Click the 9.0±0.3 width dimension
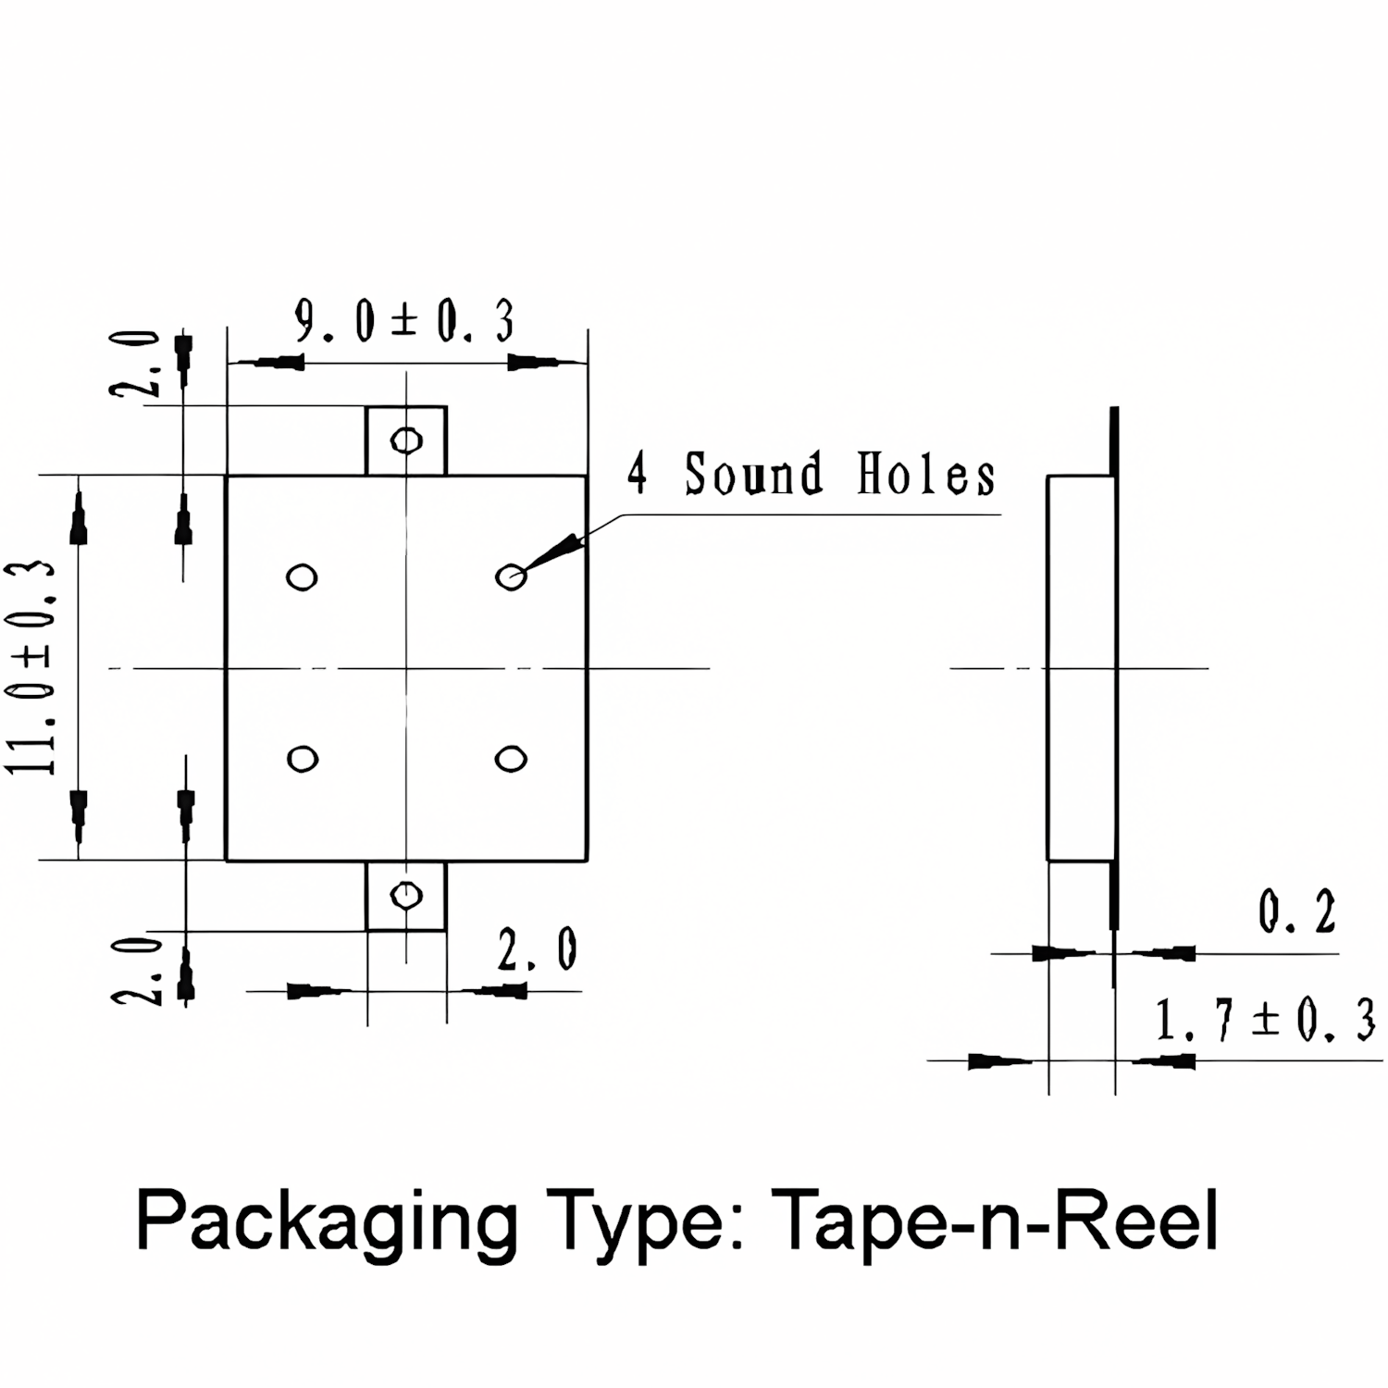click(x=404, y=322)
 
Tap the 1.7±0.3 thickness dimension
click(x=1265, y=1021)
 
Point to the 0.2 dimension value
click(x=1297, y=912)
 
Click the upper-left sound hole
click(x=302, y=577)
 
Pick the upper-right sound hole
click(x=511, y=577)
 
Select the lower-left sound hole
click(x=303, y=760)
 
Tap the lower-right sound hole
click(x=511, y=760)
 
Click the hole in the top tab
click(x=406, y=440)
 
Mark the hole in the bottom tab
click(x=406, y=895)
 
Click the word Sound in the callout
click(x=753, y=473)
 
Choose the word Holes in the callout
click(x=926, y=474)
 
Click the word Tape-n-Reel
click(x=994, y=1221)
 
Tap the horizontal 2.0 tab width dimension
click(x=538, y=949)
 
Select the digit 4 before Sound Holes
click(x=637, y=473)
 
